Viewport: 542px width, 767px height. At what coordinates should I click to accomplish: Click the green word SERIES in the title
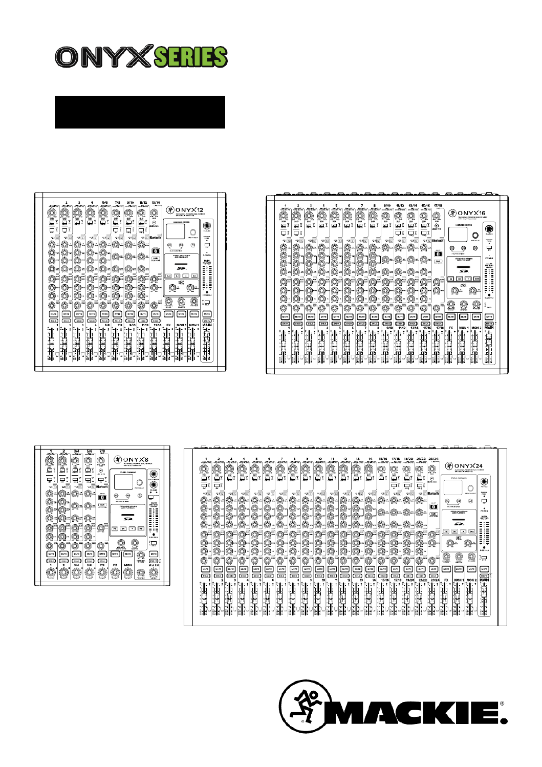(190, 57)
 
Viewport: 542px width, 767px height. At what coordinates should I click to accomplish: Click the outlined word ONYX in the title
(104, 57)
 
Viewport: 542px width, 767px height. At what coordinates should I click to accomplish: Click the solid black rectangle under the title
(140, 112)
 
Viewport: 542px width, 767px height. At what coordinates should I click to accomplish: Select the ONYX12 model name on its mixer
(189, 210)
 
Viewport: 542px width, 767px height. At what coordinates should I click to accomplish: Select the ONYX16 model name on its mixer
(471, 213)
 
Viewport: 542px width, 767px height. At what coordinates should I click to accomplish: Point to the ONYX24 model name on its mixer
(468, 466)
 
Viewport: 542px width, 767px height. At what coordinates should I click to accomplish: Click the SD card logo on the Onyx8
(127, 518)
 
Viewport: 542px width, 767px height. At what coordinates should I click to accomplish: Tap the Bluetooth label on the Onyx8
(102, 487)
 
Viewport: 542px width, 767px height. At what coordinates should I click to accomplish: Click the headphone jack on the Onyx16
(489, 229)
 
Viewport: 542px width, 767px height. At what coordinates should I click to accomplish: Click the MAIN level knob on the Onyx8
(153, 572)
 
